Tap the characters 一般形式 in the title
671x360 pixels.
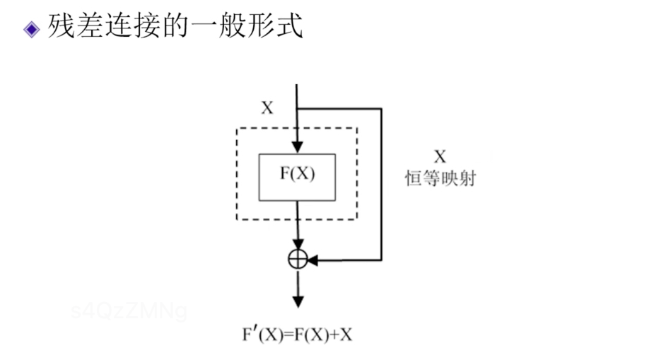(x=242, y=27)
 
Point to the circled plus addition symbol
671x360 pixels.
(x=298, y=259)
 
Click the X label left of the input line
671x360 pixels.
(x=267, y=108)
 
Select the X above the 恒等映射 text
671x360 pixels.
(x=440, y=156)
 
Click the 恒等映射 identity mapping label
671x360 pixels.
(x=440, y=180)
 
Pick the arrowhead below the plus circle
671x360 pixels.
(x=298, y=300)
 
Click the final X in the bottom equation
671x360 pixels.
(x=346, y=334)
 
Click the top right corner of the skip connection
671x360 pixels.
(x=382, y=109)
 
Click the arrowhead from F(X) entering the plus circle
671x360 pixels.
(x=298, y=244)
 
